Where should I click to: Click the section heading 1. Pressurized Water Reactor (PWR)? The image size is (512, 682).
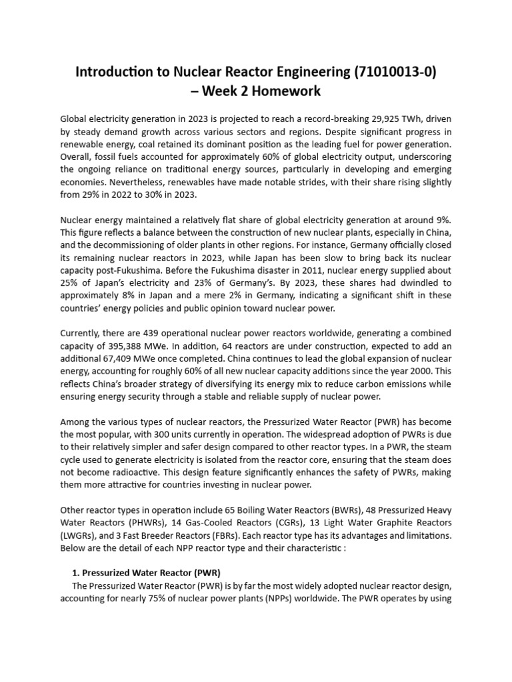pos(146,573)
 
